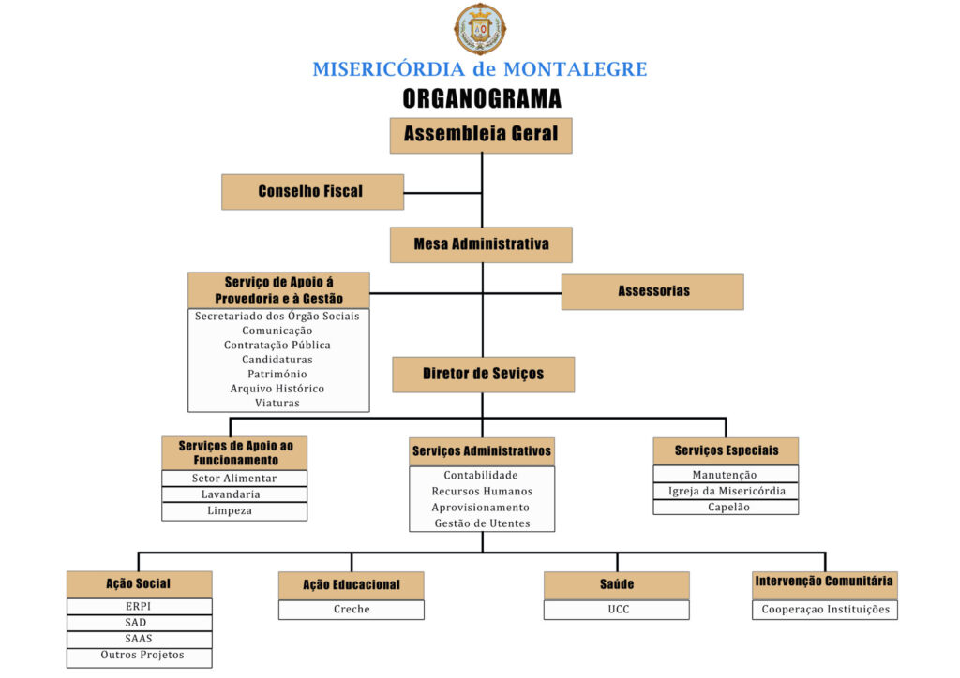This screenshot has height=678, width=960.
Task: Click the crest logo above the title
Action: (x=480, y=29)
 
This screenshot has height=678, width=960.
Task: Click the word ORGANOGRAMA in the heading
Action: (x=482, y=98)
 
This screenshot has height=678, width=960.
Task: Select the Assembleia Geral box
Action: (x=481, y=135)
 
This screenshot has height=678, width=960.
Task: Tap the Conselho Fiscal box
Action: (x=312, y=192)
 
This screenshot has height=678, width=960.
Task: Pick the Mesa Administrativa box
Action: (x=481, y=244)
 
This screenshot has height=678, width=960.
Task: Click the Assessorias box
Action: (x=652, y=291)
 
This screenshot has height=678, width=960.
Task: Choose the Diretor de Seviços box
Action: (x=483, y=375)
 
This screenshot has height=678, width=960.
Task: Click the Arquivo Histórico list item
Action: (x=277, y=389)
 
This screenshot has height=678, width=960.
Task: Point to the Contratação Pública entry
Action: (x=277, y=345)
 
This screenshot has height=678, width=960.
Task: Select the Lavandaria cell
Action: (x=234, y=494)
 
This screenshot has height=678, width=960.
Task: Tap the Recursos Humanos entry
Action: (x=482, y=491)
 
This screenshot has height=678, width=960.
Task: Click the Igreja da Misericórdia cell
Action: (x=727, y=491)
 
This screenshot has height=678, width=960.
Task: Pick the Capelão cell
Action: (x=727, y=507)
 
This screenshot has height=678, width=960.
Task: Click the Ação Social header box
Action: (x=140, y=584)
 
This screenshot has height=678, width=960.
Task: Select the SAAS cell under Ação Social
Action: (x=140, y=639)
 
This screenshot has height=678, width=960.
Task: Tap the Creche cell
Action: (x=352, y=610)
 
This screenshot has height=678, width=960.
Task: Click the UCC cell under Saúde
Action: (x=617, y=610)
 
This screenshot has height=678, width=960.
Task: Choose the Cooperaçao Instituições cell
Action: (x=825, y=610)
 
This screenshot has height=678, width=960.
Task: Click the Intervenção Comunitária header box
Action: (x=825, y=585)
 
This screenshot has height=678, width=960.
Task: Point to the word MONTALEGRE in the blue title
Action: (x=575, y=69)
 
